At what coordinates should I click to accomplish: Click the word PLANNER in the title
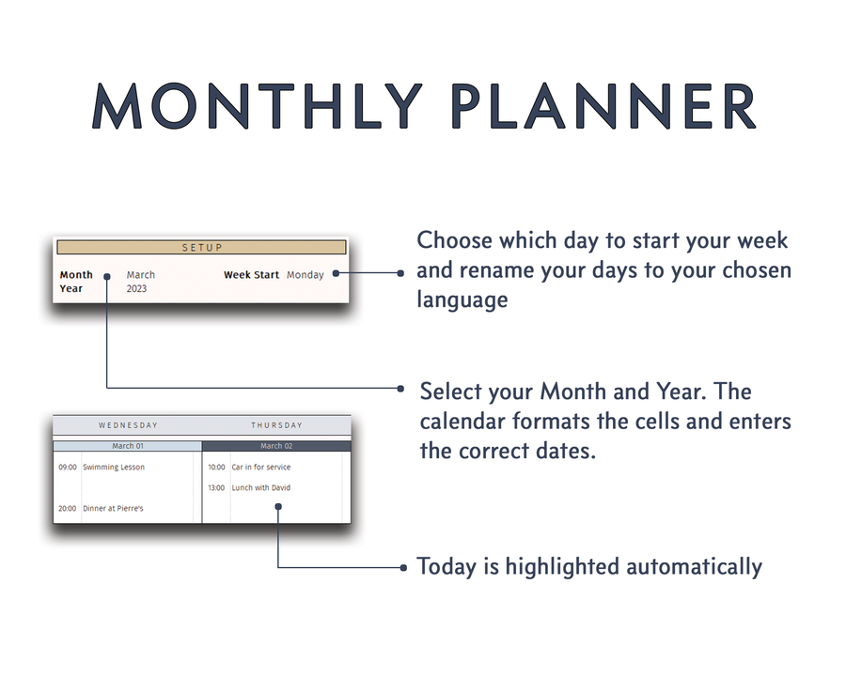603,106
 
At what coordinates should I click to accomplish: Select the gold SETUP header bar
201,248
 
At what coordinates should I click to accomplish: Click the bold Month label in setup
76,275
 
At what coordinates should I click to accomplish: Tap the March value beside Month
141,275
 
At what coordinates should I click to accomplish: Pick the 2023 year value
137,288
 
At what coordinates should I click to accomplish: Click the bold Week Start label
251,275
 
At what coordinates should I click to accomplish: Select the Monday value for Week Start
305,275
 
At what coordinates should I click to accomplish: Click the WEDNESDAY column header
128,425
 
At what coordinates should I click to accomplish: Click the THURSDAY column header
276,425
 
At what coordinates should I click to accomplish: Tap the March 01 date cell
128,446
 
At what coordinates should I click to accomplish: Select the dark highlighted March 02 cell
276,446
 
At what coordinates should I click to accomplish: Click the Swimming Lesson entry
114,467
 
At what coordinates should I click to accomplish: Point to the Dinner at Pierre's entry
114,508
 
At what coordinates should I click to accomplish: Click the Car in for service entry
261,467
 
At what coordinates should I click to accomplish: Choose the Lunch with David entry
261,487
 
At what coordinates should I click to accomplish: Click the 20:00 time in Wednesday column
68,508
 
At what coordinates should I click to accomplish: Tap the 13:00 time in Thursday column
216,487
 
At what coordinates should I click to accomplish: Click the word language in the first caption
462,300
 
